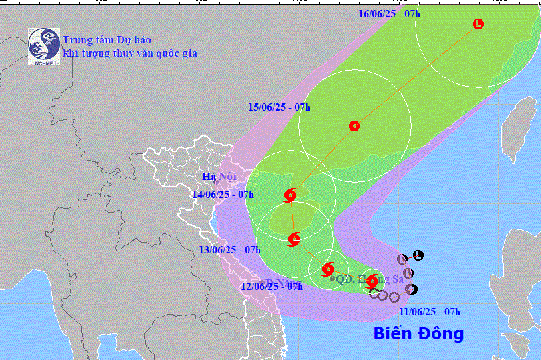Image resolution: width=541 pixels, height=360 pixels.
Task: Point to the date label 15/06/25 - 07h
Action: [280, 107]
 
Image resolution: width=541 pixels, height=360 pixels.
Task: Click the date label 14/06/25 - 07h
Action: [223, 195]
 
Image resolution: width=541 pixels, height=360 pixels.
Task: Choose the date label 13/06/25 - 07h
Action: [229, 250]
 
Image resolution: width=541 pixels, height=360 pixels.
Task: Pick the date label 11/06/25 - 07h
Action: [430, 311]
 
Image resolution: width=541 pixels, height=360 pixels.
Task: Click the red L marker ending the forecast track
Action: [478, 25]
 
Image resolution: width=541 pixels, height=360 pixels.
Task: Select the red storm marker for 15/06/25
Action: [354, 125]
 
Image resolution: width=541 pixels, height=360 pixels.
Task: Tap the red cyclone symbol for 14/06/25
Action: [290, 195]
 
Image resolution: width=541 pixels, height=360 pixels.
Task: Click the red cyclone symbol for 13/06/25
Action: [294, 238]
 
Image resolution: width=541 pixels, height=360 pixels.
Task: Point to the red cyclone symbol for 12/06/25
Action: [328, 269]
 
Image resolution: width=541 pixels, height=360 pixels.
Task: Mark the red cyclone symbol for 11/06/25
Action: [372, 281]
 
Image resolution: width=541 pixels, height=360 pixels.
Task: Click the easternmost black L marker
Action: [418, 255]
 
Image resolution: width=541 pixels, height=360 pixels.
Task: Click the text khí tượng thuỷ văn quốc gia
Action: [129, 53]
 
